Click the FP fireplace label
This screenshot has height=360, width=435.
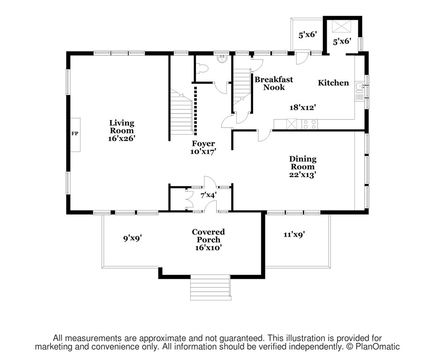[x=75, y=134]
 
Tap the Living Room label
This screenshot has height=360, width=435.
[x=122, y=127]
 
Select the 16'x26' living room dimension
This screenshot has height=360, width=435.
[x=121, y=138]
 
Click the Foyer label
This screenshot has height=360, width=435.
[x=203, y=143]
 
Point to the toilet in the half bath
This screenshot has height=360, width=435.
[x=202, y=68]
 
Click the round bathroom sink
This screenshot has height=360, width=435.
[x=222, y=59]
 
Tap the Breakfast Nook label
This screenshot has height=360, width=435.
[x=274, y=83]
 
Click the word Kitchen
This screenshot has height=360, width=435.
[x=333, y=83]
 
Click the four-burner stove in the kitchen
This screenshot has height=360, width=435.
[x=309, y=124]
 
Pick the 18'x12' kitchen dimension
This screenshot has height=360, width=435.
[x=303, y=107]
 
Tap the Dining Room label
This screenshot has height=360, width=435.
[x=303, y=163]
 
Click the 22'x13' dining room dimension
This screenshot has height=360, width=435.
[x=303, y=175]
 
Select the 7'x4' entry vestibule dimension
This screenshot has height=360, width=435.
[x=208, y=195]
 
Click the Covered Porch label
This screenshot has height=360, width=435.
[x=208, y=236]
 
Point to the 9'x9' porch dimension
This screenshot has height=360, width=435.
[x=133, y=238]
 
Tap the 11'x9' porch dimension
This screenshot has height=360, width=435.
[x=294, y=235]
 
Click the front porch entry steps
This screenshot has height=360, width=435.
[x=210, y=287]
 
